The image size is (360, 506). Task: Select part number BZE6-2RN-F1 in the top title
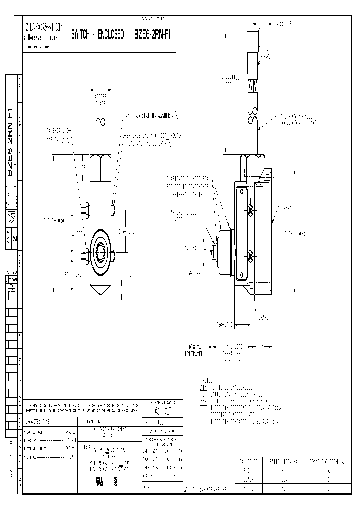pyautogui.click(x=153, y=35)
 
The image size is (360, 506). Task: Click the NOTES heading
pyautogui.click(x=207, y=380)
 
